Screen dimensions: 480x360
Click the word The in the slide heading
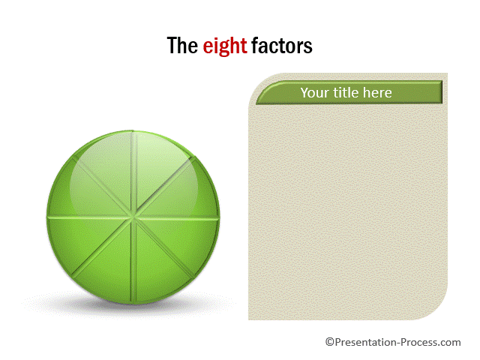(182, 46)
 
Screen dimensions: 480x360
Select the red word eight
(225, 46)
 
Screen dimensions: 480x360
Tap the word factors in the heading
(282, 46)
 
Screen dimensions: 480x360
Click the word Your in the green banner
(315, 93)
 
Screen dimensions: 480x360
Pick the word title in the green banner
(346, 92)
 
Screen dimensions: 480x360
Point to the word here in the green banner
(377, 92)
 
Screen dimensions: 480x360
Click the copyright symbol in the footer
(330, 342)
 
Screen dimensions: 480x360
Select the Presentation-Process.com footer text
(397, 342)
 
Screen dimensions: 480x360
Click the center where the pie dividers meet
(133, 217)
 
